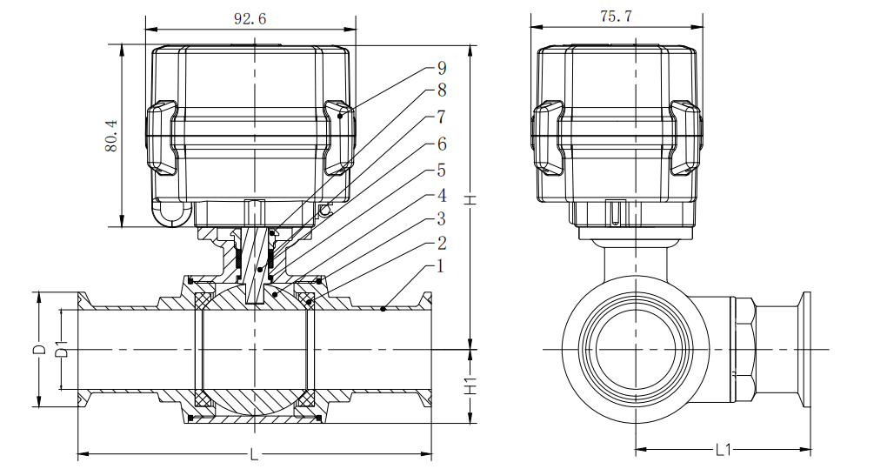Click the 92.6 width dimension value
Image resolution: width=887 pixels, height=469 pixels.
[x=250, y=18]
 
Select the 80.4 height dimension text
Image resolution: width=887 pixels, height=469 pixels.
[x=111, y=135]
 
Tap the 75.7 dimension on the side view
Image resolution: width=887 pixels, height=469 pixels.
[x=616, y=17]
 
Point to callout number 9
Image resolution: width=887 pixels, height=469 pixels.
[x=442, y=68]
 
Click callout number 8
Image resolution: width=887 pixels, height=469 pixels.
[x=442, y=90]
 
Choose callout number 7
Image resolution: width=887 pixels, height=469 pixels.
[x=442, y=117]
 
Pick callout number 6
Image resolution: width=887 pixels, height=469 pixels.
[x=442, y=144]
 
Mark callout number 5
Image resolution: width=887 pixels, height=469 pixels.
[x=442, y=171]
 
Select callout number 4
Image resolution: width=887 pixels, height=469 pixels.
[x=442, y=196]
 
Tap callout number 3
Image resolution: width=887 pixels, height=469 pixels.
[x=442, y=219]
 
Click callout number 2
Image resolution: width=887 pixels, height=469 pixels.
[x=442, y=244]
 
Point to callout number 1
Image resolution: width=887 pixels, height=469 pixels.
[x=441, y=266]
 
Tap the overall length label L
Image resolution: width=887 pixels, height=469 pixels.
[x=254, y=453]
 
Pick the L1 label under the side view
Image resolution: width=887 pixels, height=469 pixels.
[x=724, y=451]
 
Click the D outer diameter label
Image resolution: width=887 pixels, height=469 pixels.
[x=40, y=349]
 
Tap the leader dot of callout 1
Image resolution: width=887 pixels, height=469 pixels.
[x=383, y=309]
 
